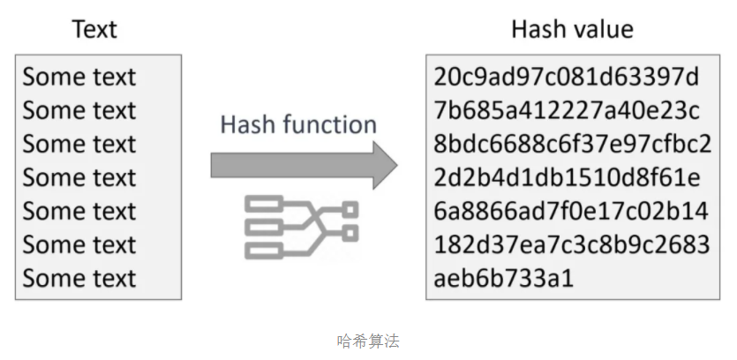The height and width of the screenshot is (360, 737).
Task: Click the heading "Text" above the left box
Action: pos(94,29)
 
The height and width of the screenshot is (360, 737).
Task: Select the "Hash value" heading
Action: pos(572,29)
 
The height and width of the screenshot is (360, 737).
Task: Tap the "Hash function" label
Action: pos(297,124)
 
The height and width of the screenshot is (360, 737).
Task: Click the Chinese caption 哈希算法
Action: pos(368,340)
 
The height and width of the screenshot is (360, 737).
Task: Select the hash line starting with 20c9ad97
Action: pos(567,78)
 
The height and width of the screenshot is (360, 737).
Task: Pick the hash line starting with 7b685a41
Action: pos(567,111)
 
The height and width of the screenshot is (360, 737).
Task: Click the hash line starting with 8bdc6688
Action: pos(572,145)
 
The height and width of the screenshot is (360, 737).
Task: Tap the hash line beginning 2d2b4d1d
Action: pos(567,178)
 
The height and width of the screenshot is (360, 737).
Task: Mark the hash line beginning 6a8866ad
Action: pos(571,212)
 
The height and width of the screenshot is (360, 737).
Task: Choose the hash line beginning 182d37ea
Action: pos(571,245)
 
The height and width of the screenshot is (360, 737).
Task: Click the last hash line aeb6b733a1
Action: pos(504,279)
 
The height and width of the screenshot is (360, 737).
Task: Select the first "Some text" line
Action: pos(79,78)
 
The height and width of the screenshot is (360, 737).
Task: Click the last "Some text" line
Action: pos(79,279)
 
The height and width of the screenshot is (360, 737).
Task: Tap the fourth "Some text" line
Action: pos(79,178)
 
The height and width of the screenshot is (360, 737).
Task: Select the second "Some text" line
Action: pos(79,111)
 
